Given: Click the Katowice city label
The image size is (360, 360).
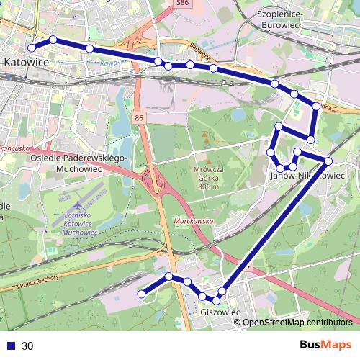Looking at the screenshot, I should click(26, 63).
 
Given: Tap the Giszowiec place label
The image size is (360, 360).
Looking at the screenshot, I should click(219, 313).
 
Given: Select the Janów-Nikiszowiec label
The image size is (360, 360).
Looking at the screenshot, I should click(307, 175).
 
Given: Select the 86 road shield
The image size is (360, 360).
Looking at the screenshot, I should click(139, 117).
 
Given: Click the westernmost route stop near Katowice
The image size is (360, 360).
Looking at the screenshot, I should click(31, 48).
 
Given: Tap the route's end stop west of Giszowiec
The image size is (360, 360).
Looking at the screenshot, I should click(142, 293).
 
